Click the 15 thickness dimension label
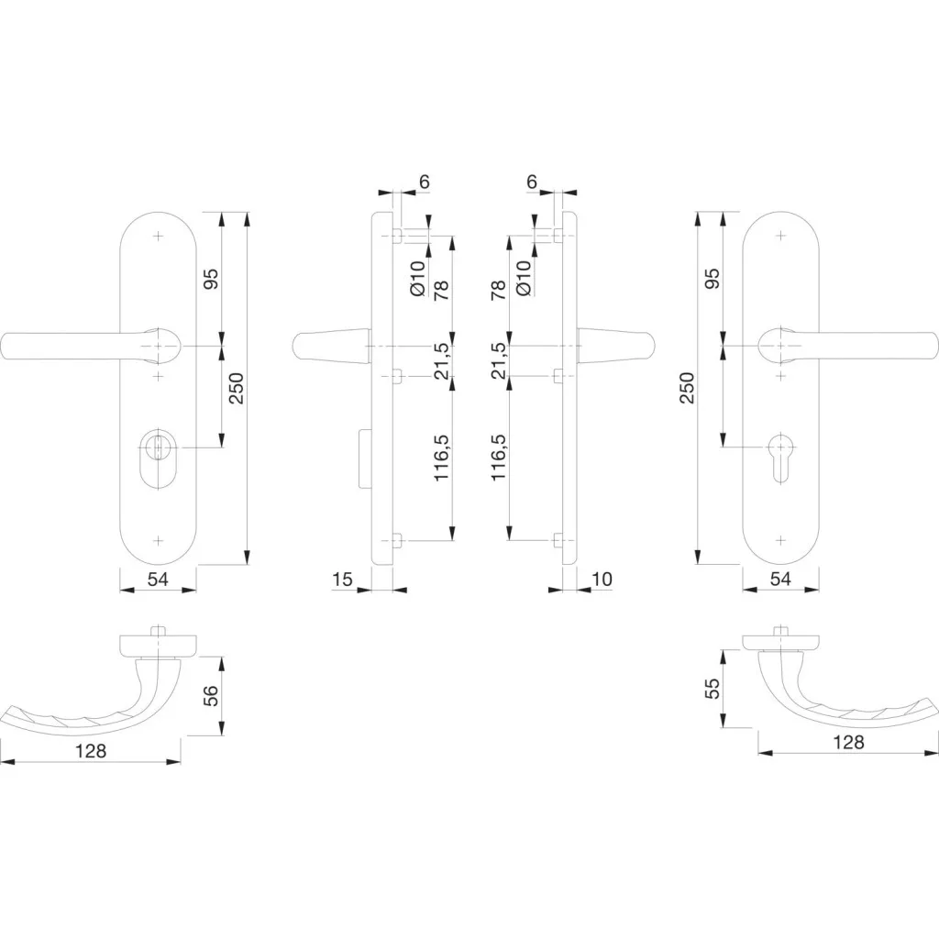point(343,580)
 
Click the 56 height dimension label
point(212,696)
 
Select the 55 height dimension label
point(712,689)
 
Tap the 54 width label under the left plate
point(158,580)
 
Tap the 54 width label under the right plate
point(780,579)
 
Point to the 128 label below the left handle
point(91,750)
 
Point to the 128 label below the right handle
point(848,743)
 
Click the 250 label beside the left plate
point(238,388)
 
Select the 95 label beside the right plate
point(713,279)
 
